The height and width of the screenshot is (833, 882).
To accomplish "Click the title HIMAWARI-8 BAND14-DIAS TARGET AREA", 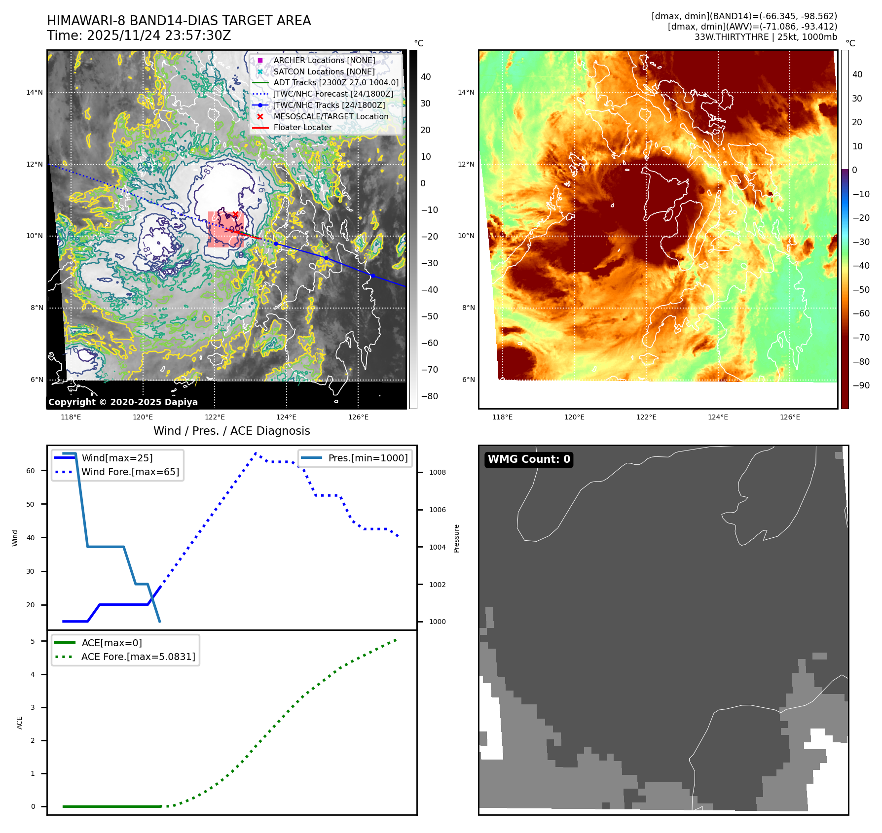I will [x=179, y=21].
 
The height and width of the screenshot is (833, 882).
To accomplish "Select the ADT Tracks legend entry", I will [x=336, y=83].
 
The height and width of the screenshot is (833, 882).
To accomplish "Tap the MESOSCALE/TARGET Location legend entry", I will [x=331, y=116].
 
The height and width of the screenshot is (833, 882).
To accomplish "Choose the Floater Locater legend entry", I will [x=302, y=127].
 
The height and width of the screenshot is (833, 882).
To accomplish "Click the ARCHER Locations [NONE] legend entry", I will [x=324, y=60].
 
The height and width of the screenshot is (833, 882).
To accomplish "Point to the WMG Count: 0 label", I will [x=529, y=459].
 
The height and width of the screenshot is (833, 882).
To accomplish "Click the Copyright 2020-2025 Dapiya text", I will [x=123, y=402].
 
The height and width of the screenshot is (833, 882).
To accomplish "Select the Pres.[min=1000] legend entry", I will [x=368, y=458].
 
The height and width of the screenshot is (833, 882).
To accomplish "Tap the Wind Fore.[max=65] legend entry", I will [x=130, y=472].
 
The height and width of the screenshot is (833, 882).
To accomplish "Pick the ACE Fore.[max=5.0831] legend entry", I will [x=138, y=657].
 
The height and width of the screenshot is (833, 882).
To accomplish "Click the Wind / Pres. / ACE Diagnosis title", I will [x=231, y=431].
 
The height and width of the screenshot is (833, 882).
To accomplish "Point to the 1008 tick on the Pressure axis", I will [x=437, y=472].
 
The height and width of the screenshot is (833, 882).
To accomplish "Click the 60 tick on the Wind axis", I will [x=31, y=471].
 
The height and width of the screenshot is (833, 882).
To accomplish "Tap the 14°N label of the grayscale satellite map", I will [x=35, y=92].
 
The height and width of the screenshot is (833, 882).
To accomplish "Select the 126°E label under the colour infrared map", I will [x=790, y=417].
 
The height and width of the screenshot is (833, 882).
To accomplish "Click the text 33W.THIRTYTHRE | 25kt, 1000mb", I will [x=766, y=37].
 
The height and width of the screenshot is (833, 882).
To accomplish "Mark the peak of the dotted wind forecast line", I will [x=256, y=453].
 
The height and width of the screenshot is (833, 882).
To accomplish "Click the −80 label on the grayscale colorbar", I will [x=429, y=396].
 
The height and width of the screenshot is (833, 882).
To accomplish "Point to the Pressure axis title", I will [x=456, y=538].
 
